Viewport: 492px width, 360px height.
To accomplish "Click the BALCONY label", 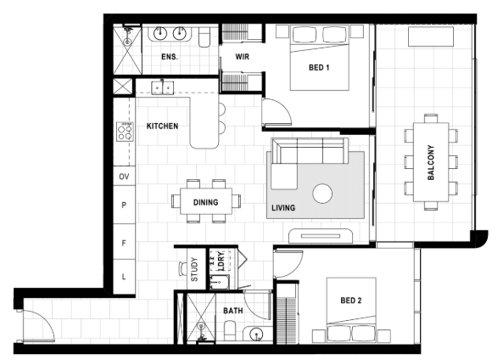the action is [x=431, y=162].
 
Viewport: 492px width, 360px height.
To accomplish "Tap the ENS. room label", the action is [x=170, y=57].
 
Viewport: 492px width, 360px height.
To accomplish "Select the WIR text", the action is [x=243, y=57].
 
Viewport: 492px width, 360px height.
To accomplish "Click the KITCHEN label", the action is [x=162, y=126].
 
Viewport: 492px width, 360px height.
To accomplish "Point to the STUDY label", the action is [x=194, y=269].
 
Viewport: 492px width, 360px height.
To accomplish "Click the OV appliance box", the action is [x=124, y=176].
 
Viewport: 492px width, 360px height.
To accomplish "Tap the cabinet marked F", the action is [x=124, y=242].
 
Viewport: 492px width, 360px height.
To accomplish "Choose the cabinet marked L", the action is [x=124, y=277].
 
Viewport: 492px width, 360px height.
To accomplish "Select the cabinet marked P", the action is [x=124, y=205].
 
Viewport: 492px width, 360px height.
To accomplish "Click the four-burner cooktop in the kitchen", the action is [x=125, y=132].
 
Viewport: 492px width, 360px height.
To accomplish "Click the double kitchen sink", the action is [x=163, y=88].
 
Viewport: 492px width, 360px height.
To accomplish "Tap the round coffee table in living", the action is [x=322, y=194].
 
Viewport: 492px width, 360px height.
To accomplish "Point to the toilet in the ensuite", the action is [x=204, y=37].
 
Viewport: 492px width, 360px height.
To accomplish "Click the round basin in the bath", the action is [x=257, y=334].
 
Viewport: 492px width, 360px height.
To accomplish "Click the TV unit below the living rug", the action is [x=321, y=236].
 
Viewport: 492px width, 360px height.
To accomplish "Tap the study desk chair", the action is [x=182, y=269].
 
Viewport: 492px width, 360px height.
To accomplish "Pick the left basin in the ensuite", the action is [x=160, y=33].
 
